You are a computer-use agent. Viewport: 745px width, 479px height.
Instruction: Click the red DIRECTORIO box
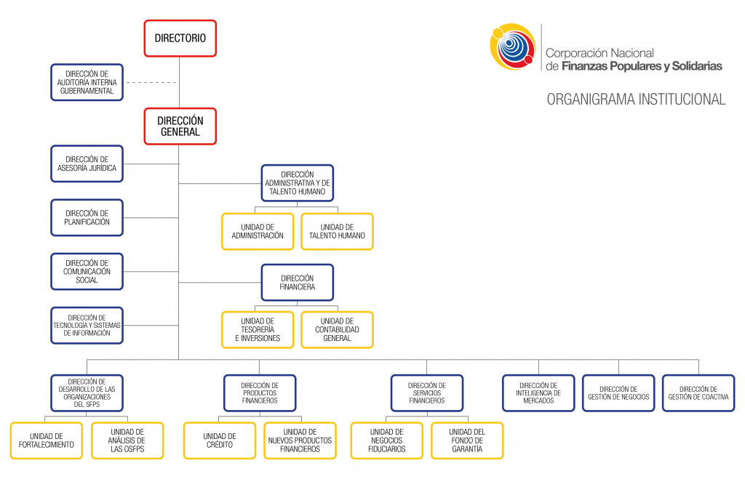tap(180, 38)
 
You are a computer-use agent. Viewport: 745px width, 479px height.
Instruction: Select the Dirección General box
tap(180, 126)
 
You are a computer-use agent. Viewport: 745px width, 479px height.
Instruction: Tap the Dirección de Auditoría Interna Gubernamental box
tap(87, 82)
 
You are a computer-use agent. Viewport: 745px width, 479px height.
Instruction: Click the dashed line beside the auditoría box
tap(151, 82)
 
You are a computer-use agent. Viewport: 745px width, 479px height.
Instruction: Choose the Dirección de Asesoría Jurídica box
tap(87, 164)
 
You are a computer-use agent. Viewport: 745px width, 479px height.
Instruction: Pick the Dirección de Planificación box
tap(87, 217)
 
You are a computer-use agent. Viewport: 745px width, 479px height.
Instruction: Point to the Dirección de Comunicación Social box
tap(87, 271)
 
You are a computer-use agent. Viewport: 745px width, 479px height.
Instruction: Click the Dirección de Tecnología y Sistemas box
tap(87, 325)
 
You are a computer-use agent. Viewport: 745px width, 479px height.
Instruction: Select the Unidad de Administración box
tap(258, 231)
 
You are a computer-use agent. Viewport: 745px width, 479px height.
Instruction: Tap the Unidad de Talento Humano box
tap(337, 231)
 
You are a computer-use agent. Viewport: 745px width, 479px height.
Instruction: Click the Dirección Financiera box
tap(298, 282)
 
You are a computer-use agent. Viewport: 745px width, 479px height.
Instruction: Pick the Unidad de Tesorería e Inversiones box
tap(258, 329)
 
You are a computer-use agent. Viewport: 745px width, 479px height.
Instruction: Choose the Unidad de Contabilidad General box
tap(337, 329)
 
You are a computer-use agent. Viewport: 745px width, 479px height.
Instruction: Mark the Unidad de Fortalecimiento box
tap(47, 440)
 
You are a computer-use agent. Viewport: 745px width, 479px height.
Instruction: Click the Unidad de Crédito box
tap(219, 440)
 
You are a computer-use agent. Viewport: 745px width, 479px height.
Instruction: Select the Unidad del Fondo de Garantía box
tap(466, 440)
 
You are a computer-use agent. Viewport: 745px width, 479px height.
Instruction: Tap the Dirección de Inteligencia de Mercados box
tap(538, 393)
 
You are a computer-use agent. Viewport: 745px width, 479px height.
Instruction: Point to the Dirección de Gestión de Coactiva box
tap(698, 393)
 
